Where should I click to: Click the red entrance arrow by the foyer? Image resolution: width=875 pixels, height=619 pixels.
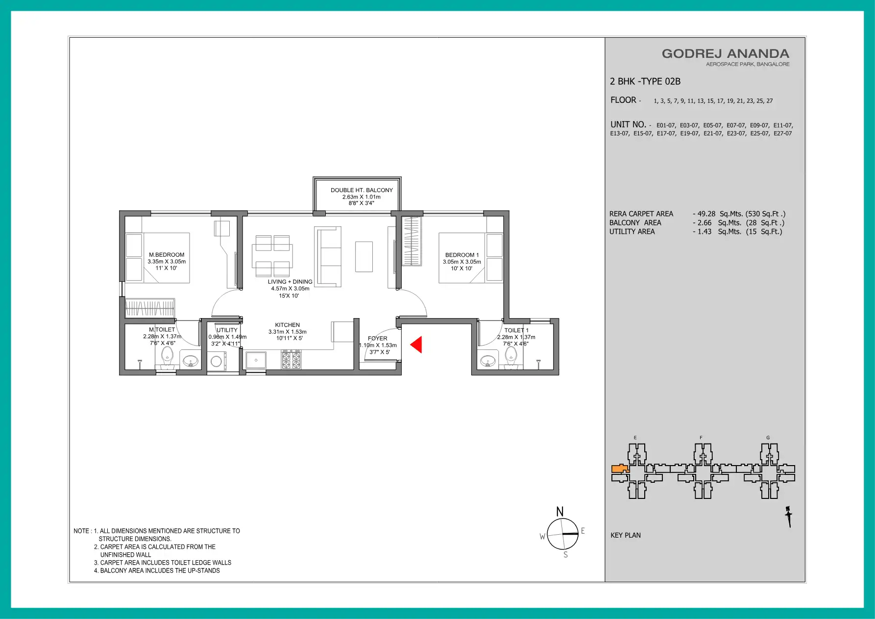416,345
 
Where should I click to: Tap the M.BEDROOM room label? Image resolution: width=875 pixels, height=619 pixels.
167,255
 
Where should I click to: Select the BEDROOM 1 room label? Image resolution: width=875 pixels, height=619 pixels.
462,255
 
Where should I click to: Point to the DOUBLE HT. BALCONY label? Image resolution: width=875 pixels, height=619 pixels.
362,190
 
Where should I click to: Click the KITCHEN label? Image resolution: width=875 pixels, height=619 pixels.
288,325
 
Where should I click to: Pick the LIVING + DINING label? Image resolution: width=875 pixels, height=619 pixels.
290,282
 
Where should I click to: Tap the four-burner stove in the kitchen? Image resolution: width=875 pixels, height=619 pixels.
291,360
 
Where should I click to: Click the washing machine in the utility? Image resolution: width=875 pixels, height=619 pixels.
216,362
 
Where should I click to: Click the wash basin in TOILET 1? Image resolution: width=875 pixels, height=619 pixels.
488,362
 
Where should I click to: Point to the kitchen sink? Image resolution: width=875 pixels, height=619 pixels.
256,360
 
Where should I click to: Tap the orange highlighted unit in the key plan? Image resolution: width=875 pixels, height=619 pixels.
620,469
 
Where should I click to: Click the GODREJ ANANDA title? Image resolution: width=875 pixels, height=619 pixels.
726,54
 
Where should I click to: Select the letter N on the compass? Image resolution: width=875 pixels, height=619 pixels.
560,512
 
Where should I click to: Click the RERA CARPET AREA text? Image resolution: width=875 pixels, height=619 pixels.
641,214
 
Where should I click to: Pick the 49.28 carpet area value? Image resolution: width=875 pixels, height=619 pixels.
706,214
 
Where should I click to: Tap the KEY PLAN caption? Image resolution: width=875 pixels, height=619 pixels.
626,535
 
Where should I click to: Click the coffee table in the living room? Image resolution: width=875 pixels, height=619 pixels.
364,256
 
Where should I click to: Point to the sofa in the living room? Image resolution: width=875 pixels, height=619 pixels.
328,256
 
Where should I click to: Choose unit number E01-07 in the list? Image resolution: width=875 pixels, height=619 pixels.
666,125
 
